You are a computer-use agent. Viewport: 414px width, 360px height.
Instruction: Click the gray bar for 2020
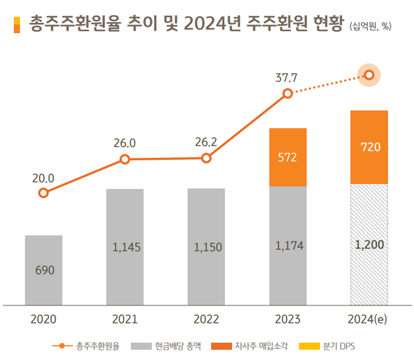(x=43, y=270)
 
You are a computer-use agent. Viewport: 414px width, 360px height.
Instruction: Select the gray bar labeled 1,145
(x=125, y=246)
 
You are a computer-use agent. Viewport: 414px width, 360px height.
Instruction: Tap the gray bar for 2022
(x=206, y=246)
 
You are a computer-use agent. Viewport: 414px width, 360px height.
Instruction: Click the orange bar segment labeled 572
(x=288, y=157)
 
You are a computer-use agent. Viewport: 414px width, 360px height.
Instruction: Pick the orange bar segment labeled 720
(x=370, y=147)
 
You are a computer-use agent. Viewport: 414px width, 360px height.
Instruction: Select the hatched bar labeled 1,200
(x=370, y=244)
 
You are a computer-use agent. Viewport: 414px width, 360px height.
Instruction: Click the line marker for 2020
(x=43, y=193)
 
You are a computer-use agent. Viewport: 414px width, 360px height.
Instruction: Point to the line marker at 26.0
(x=125, y=159)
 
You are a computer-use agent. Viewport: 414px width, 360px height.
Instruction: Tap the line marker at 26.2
(x=206, y=159)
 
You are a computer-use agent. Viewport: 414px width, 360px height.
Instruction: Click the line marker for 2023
(x=288, y=93)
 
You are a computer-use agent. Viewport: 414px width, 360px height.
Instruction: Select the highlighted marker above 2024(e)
(x=370, y=74)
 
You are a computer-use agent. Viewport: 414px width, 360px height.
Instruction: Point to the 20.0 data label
(x=43, y=178)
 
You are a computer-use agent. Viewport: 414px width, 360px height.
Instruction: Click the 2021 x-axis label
(x=125, y=319)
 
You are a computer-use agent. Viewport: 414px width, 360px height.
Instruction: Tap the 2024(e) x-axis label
(x=370, y=319)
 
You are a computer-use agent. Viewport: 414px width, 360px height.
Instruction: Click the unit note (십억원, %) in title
(x=371, y=28)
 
